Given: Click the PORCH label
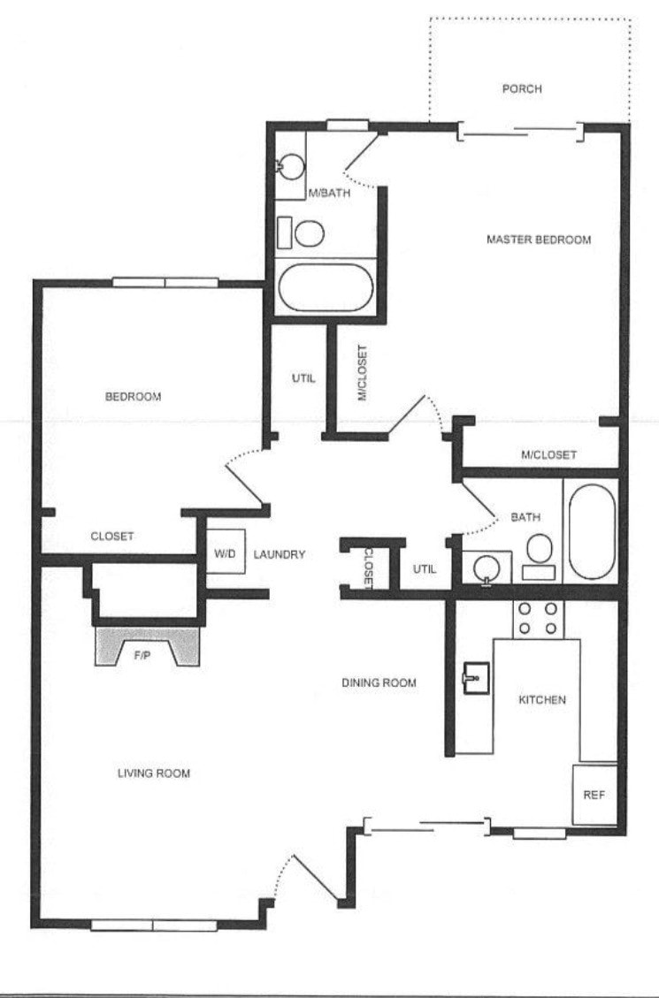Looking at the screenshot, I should tap(521, 89).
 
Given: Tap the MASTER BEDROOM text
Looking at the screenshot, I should tap(539, 240).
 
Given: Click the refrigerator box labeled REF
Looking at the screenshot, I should tap(594, 795).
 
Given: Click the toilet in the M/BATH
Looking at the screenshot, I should tap(308, 233).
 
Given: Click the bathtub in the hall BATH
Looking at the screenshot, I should tap(589, 530).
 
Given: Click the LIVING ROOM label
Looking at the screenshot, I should tap(154, 773).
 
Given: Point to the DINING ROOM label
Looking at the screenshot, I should tap(379, 683).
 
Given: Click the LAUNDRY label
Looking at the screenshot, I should tap(279, 555).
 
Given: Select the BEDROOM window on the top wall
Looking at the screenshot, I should tap(165, 283).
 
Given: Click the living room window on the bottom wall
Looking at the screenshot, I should tap(153, 926).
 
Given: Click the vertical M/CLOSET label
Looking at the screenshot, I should tap(361, 373).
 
